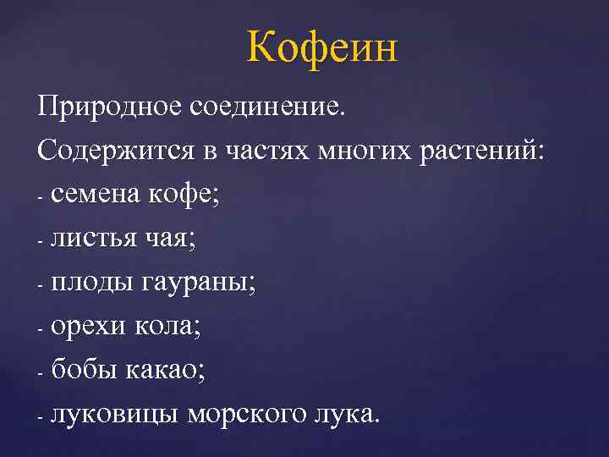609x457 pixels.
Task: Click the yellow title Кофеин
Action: [322, 48]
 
